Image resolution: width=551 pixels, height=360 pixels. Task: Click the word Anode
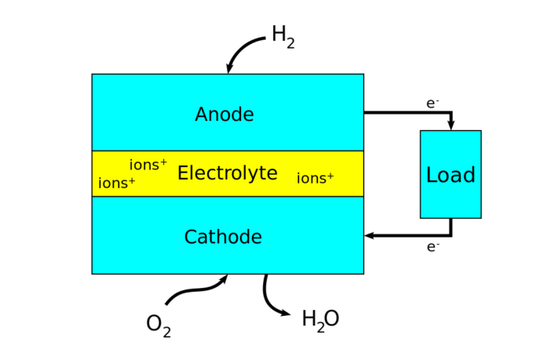click(224, 115)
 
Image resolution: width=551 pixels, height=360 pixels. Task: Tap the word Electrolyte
click(227, 173)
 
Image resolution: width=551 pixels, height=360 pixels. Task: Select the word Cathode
click(223, 238)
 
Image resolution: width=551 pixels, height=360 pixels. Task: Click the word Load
click(451, 176)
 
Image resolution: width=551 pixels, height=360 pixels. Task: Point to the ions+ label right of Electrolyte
click(315, 179)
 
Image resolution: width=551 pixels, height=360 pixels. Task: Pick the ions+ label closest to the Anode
click(148, 165)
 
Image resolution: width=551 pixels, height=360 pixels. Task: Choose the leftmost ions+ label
click(116, 184)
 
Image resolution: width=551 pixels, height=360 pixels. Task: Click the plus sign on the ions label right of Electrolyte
click(330, 176)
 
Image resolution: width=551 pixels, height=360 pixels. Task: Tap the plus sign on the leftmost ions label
click(131, 180)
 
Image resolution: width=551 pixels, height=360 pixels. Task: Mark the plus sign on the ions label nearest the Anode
click(163, 162)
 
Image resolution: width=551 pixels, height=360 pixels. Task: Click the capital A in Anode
click(202, 115)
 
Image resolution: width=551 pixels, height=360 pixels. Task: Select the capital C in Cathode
click(191, 238)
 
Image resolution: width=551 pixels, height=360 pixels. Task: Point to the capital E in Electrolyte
click(183, 173)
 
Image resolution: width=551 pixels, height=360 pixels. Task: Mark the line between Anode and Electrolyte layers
click(228, 151)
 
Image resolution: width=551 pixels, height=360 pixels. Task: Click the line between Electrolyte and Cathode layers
click(228, 196)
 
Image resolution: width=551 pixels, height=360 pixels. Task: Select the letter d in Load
click(469, 176)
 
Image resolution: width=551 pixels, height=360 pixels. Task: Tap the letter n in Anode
click(216, 117)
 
